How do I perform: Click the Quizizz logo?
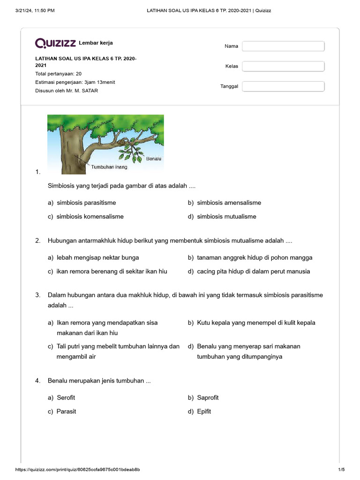55,44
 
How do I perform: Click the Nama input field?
283,46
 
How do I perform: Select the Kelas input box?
283,66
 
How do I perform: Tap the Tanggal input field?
283,86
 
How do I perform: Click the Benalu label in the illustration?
154,159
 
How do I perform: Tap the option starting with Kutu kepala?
256,322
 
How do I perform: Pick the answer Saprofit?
208,397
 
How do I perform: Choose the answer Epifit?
204,411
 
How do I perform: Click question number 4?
38,381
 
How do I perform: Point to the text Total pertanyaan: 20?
59,74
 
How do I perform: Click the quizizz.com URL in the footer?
78,470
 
